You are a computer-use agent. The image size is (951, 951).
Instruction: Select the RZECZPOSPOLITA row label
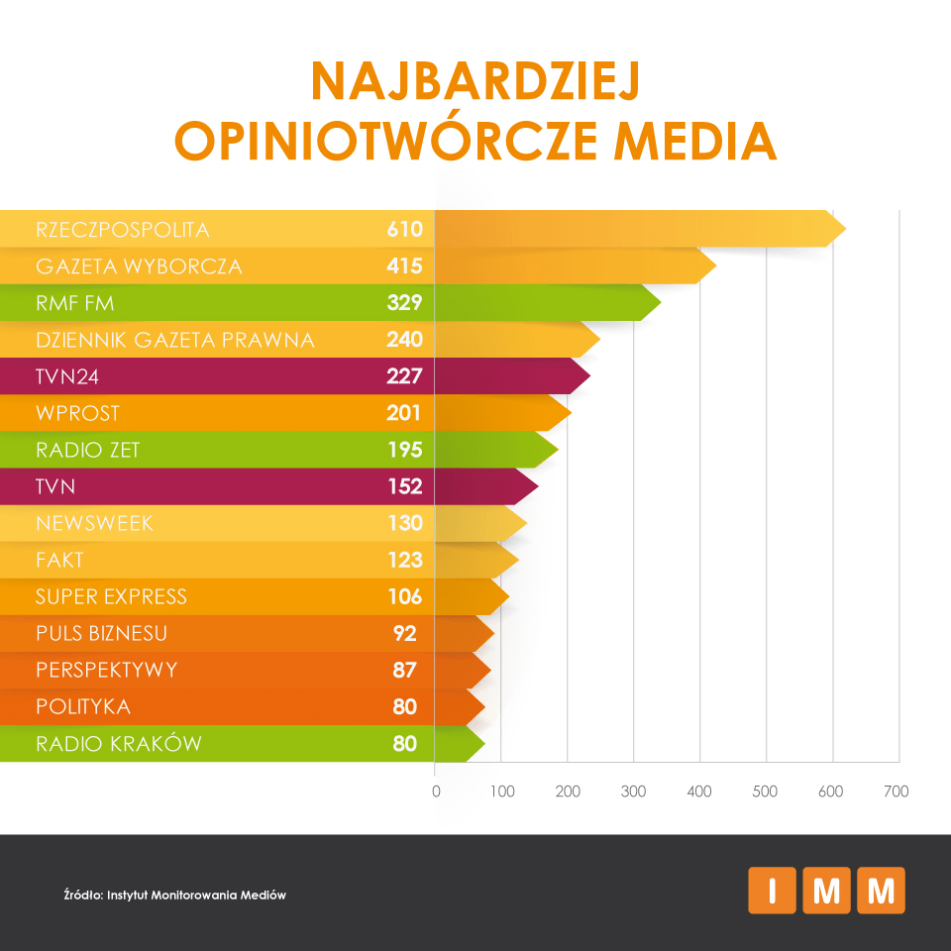point(123,230)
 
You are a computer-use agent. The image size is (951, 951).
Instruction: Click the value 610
point(404,230)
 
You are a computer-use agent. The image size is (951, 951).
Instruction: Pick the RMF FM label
point(75,303)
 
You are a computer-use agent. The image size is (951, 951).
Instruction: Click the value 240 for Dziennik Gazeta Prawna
point(404,340)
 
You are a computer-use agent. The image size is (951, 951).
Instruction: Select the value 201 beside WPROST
point(404,413)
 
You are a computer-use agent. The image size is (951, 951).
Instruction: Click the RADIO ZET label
point(88,450)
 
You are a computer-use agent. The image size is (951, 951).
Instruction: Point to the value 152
point(404,486)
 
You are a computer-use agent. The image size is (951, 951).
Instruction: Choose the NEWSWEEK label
point(95,523)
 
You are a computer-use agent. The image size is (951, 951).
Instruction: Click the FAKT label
point(60,560)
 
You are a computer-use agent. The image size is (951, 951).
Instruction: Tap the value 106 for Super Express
point(404,596)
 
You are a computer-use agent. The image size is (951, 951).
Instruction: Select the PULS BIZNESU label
point(102,633)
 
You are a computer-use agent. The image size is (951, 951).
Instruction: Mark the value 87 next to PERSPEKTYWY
point(404,670)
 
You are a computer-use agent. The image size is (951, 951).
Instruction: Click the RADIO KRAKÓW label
point(119,743)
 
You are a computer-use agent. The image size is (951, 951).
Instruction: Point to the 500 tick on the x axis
point(765,792)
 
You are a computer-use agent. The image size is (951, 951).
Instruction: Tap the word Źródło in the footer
point(83,895)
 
